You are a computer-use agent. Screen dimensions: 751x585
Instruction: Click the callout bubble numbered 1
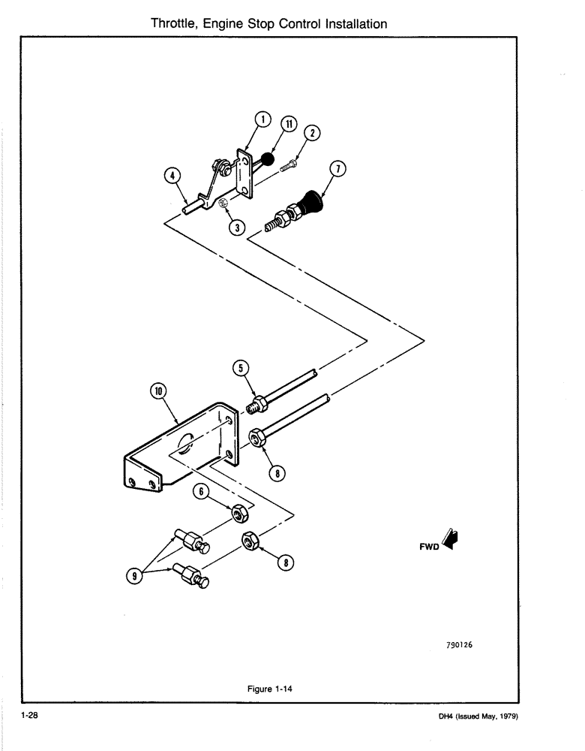point(262,119)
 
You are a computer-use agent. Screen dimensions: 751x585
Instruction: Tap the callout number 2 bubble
point(314,134)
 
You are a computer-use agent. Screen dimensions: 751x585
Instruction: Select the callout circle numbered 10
point(158,391)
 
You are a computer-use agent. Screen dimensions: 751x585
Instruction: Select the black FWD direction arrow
point(452,539)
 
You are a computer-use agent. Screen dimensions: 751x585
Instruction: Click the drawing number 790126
point(464,644)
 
